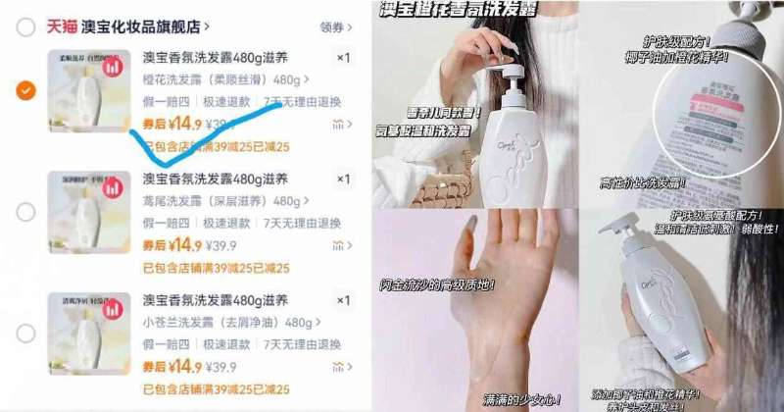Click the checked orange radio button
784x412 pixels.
25,90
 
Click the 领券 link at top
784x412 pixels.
331,26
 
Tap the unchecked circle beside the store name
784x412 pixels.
25,26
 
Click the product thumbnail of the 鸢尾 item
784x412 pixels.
89,212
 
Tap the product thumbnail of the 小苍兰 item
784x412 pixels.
89,334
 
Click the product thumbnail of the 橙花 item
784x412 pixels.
89,90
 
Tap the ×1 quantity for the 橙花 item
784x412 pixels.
342,58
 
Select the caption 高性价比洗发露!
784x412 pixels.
642,181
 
